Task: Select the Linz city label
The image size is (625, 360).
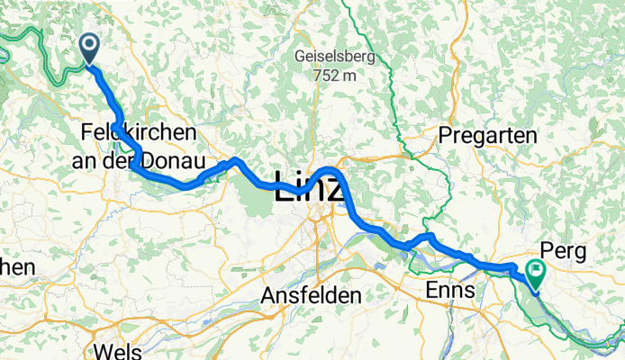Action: point(307,187)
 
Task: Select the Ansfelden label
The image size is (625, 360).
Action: point(311,296)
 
